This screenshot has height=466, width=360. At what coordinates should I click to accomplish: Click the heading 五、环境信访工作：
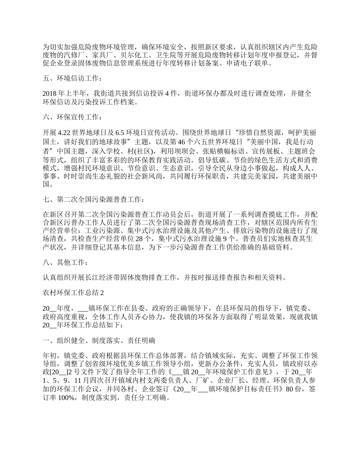[x=72, y=78]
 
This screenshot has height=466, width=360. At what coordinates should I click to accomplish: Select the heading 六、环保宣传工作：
[x=72, y=118]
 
